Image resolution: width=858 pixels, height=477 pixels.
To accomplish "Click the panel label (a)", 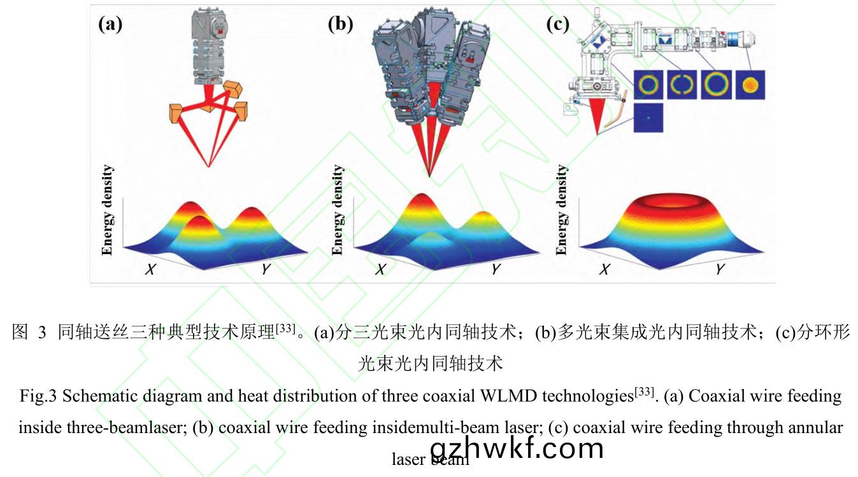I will [110, 25].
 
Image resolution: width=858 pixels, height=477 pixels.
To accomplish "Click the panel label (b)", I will [340, 25].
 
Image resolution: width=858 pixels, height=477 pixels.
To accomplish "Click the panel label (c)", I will [559, 25].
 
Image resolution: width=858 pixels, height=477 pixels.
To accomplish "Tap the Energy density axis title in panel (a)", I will [108, 210].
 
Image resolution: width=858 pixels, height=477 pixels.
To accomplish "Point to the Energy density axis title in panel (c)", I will [561, 210].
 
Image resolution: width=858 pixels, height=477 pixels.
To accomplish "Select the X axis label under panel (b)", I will [380, 269].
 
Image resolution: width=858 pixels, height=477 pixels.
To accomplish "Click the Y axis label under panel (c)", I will [720, 269].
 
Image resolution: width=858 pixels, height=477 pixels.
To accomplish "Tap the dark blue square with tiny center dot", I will [648, 118].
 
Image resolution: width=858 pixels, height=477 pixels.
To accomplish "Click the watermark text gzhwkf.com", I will [517, 448].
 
